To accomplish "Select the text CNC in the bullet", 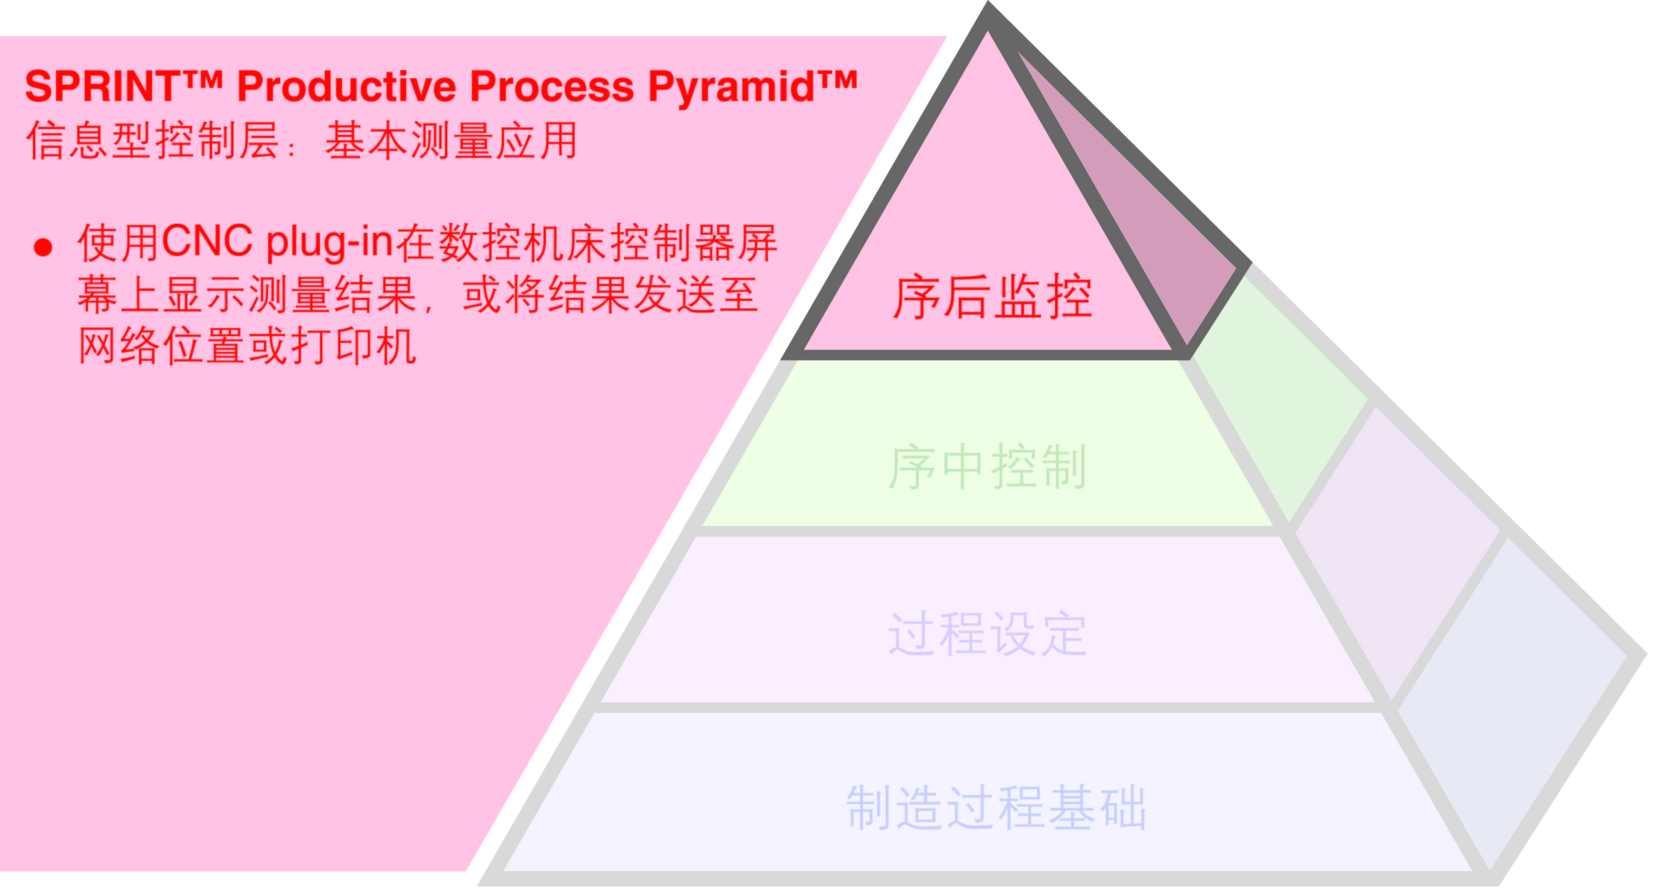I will coord(206,242).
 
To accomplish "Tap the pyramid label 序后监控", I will coord(992,297).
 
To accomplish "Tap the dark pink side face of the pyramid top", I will coord(1143,213).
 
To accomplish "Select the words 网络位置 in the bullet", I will coord(162,347).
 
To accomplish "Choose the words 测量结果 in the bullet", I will coord(333,295).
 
